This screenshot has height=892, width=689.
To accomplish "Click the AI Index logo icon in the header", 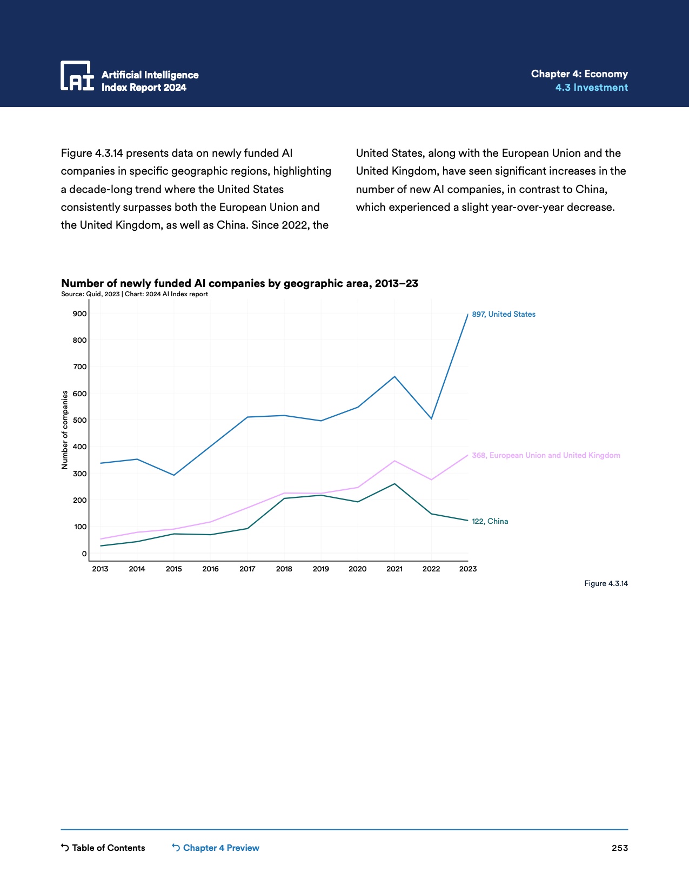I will pos(77,76).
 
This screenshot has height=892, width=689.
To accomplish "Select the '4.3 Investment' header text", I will pos(591,88).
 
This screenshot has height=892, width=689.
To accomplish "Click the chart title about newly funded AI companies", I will pos(239,283).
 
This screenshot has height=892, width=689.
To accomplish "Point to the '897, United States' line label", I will pos(503,314).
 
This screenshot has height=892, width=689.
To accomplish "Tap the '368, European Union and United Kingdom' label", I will pos(546,455).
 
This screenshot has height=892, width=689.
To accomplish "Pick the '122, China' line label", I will pos(490,521).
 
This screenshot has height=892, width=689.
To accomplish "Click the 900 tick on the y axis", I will pos(80,314).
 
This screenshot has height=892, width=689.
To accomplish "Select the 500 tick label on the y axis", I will pos(80,420).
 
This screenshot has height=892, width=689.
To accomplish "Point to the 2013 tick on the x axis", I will pos(100,569).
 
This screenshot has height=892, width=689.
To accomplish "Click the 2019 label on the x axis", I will pos(320,569).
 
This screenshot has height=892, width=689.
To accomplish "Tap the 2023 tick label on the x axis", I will pos(467,569).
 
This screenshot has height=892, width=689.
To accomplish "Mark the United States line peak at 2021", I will pos(394,376).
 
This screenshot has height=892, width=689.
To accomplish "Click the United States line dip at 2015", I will pos(173,475).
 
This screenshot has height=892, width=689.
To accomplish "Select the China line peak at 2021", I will pos(394,484).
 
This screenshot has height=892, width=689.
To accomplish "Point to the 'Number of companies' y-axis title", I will pos(65,430).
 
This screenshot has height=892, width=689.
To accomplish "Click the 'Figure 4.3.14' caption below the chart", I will pos(606,583).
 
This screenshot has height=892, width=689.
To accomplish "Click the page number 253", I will pos(619,848).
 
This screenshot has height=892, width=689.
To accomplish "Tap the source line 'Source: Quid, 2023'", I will pos(90,294).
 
